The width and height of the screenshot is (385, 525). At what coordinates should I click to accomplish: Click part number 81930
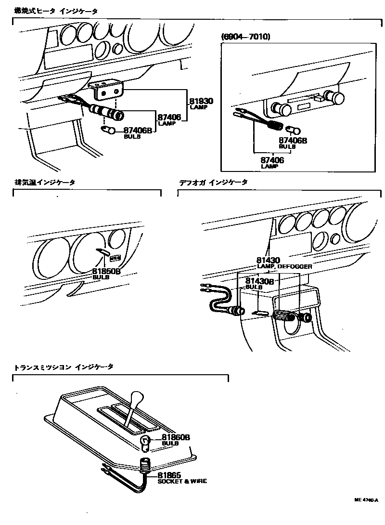point(201,102)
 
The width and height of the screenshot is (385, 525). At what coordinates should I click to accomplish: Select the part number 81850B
point(106,272)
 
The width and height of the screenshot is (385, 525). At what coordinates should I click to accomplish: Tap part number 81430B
point(259,281)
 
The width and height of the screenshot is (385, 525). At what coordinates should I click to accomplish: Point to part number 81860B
point(176,437)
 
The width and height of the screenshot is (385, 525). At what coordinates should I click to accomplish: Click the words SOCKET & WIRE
point(182,481)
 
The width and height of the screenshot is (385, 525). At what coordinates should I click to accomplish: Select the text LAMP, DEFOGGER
point(284,266)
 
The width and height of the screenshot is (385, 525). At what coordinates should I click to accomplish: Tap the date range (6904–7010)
point(245,37)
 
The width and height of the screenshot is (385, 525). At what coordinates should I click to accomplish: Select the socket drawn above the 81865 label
point(146,465)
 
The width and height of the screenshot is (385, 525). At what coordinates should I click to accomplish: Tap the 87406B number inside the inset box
point(293,141)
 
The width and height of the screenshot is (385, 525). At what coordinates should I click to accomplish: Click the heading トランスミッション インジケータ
point(64,367)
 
